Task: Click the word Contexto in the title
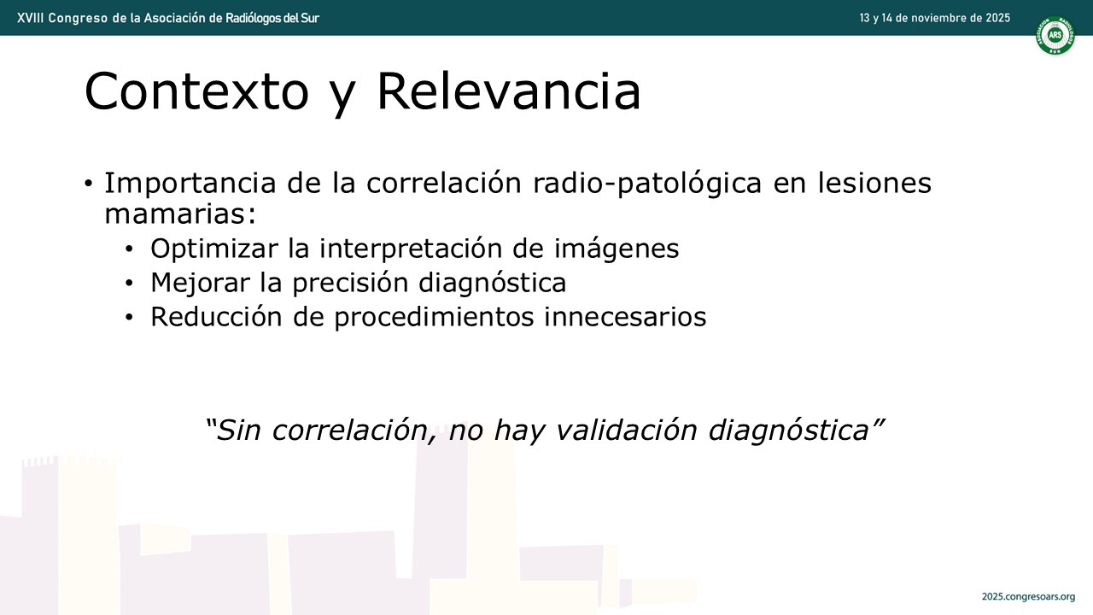click(196, 91)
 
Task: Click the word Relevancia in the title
click(509, 91)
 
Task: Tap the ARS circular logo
click(1055, 35)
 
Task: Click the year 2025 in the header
click(997, 18)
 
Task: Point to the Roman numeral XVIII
click(30, 18)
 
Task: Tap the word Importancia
click(190, 184)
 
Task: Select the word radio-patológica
click(647, 184)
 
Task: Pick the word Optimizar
click(214, 249)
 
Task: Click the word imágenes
click(616, 249)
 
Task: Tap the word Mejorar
click(200, 283)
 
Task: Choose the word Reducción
click(216, 316)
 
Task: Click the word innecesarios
click(625, 317)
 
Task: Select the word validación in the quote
click(626, 430)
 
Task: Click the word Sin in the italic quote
click(237, 430)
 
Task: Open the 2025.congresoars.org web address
click(1029, 597)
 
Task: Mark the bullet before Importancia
click(88, 184)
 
